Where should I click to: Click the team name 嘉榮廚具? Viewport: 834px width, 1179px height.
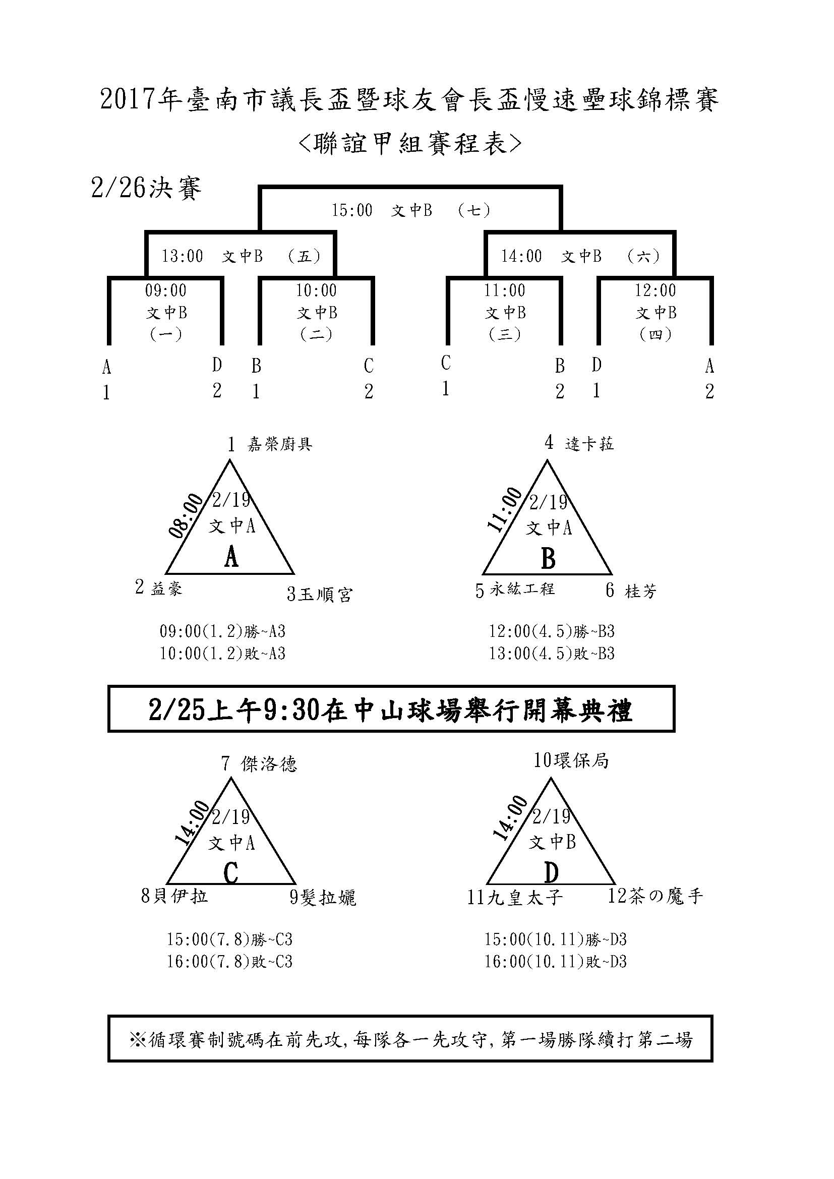tap(280, 444)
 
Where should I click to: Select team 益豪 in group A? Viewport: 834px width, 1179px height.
tap(166, 588)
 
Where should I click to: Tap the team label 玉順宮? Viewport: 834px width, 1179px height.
tap(326, 595)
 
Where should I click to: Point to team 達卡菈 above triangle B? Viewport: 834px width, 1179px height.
tap(589, 443)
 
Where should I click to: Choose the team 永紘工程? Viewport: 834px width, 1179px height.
tap(522, 589)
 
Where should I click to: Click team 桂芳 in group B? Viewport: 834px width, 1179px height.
tap(641, 592)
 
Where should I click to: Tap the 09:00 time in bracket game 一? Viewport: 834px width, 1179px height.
tap(165, 290)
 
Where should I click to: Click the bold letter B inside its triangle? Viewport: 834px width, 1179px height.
tap(548, 558)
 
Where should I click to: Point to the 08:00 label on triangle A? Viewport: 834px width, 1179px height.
tap(187, 515)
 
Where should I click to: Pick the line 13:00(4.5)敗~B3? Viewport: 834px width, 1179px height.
tap(552, 654)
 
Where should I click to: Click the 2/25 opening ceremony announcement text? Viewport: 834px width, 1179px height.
tap(390, 711)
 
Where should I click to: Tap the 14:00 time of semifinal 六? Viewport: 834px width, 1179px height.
tap(521, 256)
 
